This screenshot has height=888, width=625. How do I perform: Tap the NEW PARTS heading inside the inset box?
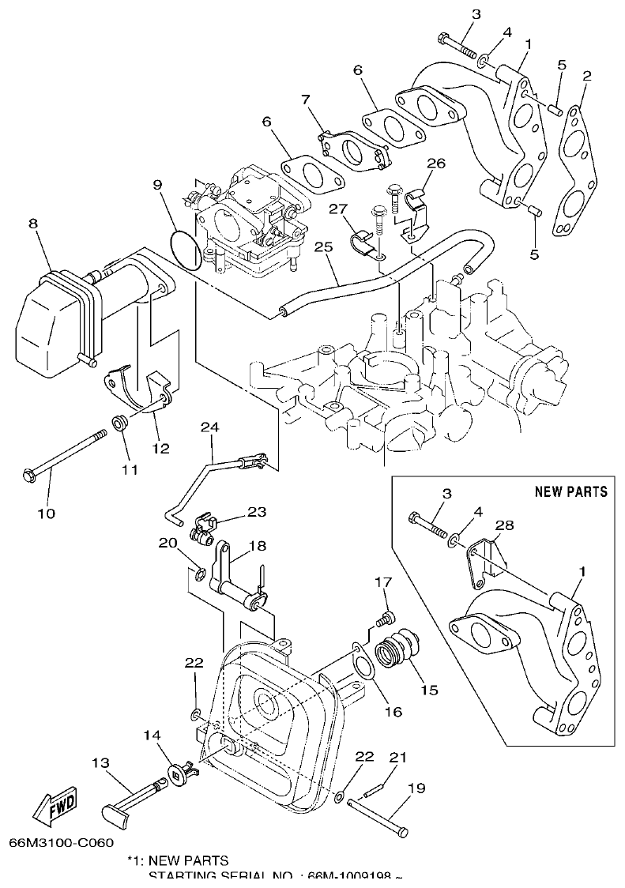[571, 491]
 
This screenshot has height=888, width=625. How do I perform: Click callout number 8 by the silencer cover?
[32, 224]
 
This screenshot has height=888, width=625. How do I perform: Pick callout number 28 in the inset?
[504, 525]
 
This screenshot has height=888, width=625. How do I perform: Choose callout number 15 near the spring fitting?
[428, 689]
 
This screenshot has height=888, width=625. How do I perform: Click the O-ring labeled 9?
[184, 250]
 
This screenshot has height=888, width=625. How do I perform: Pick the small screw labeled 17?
[386, 615]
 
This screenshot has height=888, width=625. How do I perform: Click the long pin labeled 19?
[376, 816]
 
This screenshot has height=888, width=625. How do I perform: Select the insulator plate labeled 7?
[352, 148]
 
